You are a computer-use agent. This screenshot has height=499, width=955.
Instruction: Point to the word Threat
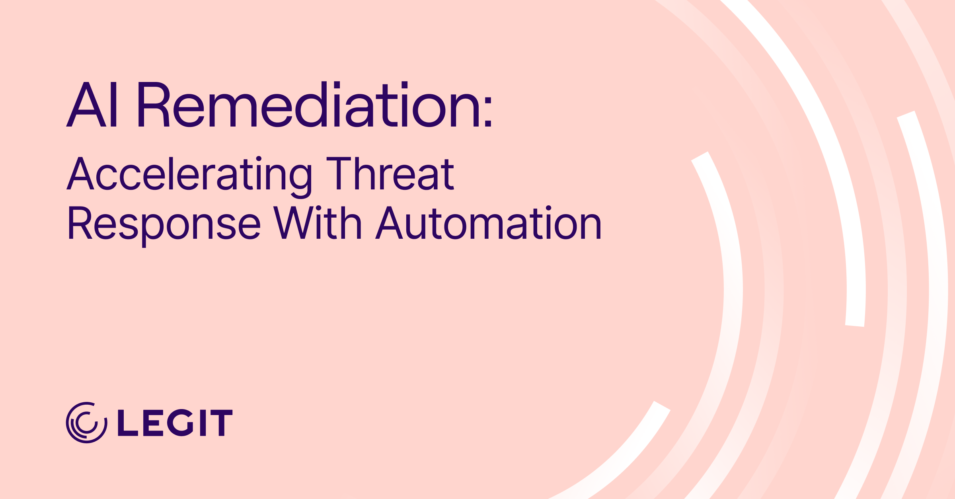[x=390, y=174]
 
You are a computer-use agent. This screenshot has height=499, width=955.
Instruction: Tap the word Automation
[x=489, y=224]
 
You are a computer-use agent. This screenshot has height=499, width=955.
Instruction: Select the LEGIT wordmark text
[x=175, y=423]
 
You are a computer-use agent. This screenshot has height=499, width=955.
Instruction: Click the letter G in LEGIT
[x=180, y=423]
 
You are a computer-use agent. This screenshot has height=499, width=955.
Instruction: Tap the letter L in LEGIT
[x=127, y=423]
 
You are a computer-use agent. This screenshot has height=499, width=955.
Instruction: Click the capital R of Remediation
[x=154, y=105]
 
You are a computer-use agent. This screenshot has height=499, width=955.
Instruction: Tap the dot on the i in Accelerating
[x=259, y=159]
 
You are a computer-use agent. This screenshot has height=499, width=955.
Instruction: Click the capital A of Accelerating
[x=80, y=174]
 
